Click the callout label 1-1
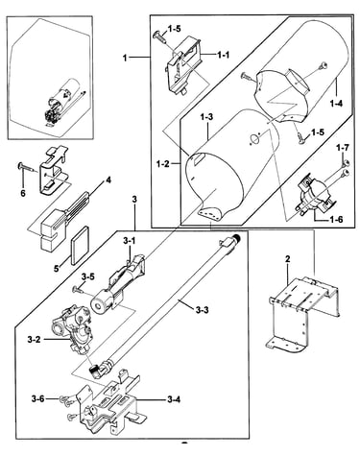(x=224, y=55)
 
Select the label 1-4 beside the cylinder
(x=336, y=103)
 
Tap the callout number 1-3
(x=206, y=117)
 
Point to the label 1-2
(x=162, y=164)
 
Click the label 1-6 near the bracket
(x=336, y=220)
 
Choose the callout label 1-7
(x=343, y=148)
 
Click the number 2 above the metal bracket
(x=287, y=259)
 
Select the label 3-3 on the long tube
(x=202, y=309)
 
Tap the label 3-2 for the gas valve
(x=34, y=340)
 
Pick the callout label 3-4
(x=174, y=399)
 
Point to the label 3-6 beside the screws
(x=38, y=398)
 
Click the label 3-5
(x=87, y=276)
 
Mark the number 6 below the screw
(x=23, y=193)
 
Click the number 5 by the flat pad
(x=57, y=268)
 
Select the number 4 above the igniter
(x=108, y=180)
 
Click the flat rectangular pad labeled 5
(x=80, y=246)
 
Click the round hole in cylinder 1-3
(x=254, y=139)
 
